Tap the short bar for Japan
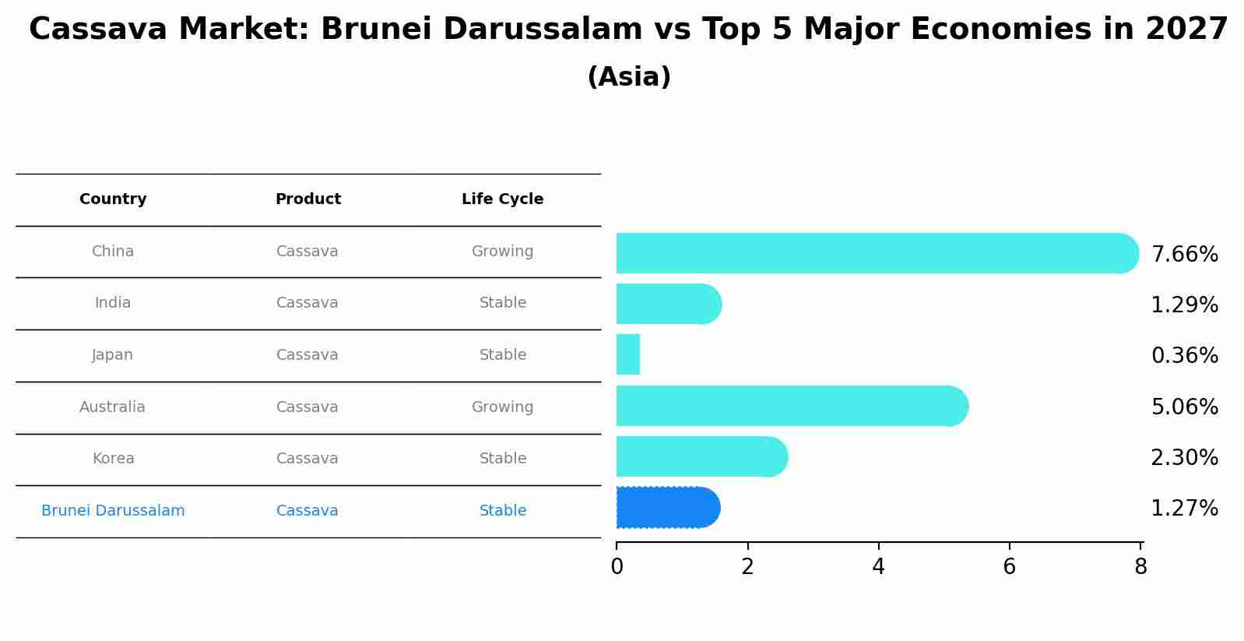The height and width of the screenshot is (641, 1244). [628, 355]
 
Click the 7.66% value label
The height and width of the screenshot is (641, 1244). [1184, 255]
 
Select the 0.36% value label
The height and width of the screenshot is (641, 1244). [1184, 356]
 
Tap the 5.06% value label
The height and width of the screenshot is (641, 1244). [1184, 407]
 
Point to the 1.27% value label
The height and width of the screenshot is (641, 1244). [1184, 509]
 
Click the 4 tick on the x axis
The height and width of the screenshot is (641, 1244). [878, 567]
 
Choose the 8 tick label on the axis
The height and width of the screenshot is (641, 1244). [1140, 567]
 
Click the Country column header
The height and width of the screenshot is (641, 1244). [113, 199]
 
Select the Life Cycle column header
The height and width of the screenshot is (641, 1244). [502, 199]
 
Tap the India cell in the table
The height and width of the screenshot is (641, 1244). [113, 303]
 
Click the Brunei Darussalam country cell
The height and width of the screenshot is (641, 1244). [113, 511]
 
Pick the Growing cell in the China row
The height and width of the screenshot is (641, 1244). [502, 252]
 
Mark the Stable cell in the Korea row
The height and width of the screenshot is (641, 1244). [502, 459]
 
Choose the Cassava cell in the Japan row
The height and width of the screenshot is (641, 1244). [307, 355]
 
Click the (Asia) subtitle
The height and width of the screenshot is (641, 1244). [629, 77]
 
